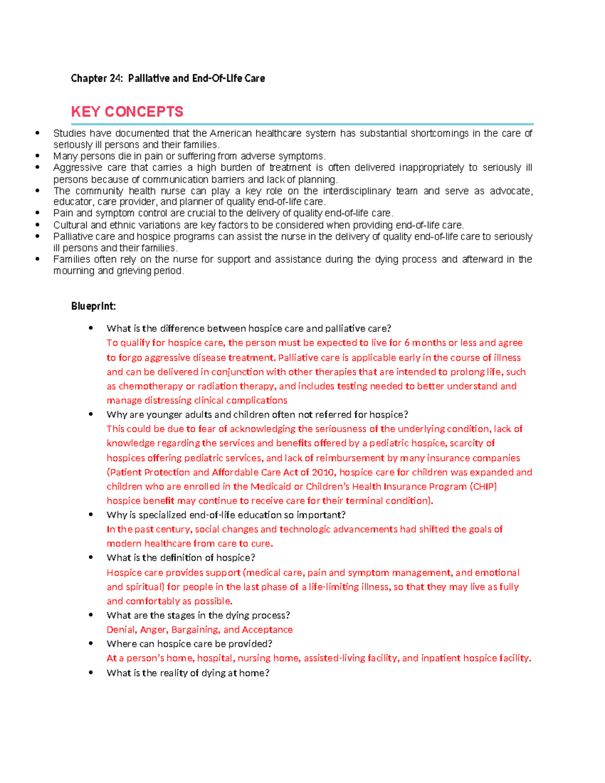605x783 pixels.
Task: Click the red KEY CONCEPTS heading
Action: pyautogui.click(x=127, y=111)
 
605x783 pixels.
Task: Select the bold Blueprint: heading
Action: pyautogui.click(x=93, y=306)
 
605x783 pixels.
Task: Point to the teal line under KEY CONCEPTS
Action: pyautogui.click(x=302, y=124)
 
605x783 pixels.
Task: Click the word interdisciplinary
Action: pyautogui.click(x=356, y=191)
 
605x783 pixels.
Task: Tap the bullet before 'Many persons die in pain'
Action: pyautogui.click(x=37, y=156)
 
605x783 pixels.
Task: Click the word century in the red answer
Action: pyautogui.click(x=174, y=529)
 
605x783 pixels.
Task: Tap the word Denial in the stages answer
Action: pyautogui.click(x=121, y=630)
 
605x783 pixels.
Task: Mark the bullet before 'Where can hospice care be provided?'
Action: pyautogui.click(x=91, y=644)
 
